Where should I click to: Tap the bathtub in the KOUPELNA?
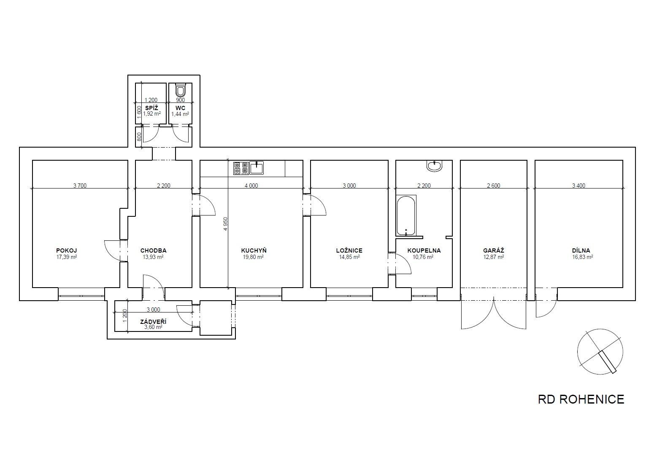click(406, 215)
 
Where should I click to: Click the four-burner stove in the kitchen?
click(241, 168)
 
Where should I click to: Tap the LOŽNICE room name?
click(349, 250)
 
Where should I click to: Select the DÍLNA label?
click(581, 250)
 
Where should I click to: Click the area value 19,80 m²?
click(253, 257)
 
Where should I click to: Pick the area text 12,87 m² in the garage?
click(493, 257)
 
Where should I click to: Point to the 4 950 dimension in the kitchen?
click(225, 224)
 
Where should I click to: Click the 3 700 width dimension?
click(80, 185)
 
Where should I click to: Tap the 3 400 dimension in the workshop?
click(578, 185)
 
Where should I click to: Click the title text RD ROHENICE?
click(581, 399)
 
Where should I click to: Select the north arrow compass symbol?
click(600, 352)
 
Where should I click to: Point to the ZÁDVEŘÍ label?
click(153, 322)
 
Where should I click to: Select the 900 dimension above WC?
click(181, 100)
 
